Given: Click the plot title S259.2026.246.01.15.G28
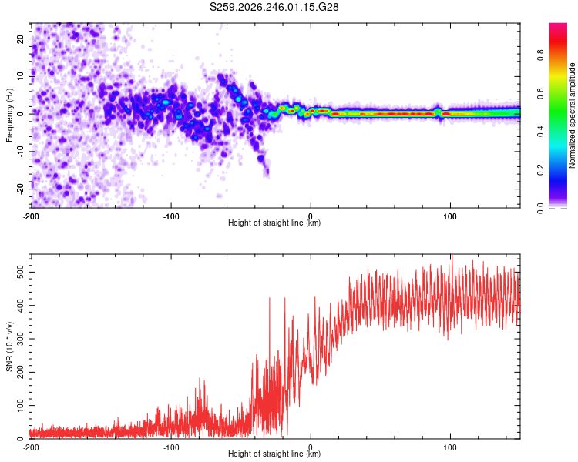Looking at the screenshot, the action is [x=274, y=7].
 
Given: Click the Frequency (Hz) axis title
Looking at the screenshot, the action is [x=9, y=115].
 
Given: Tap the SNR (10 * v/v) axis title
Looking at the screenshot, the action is [x=9, y=346].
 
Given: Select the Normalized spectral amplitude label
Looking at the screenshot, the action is [x=572, y=115].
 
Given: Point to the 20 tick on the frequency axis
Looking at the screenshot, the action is [x=21, y=38].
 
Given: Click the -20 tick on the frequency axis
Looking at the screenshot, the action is [x=21, y=189].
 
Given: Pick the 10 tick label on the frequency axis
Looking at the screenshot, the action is [x=21, y=76].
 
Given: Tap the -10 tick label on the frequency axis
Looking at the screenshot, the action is [x=21, y=151].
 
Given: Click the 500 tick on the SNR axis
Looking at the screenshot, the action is [x=21, y=272].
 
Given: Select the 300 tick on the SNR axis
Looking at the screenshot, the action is [x=21, y=339].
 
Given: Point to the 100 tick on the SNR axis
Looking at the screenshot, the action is [x=21, y=405].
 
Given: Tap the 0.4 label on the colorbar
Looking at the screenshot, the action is [x=541, y=131].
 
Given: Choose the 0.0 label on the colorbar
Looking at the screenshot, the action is [x=541, y=208].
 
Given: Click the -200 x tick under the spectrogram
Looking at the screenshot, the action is [x=31, y=216].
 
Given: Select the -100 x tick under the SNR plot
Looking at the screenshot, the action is [x=171, y=447].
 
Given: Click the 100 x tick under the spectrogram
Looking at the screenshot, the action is [x=450, y=216].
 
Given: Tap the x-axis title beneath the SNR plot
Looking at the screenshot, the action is [x=274, y=454].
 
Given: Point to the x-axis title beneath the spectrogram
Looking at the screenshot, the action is [x=274, y=223].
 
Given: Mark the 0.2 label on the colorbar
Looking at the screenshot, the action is [x=541, y=170].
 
